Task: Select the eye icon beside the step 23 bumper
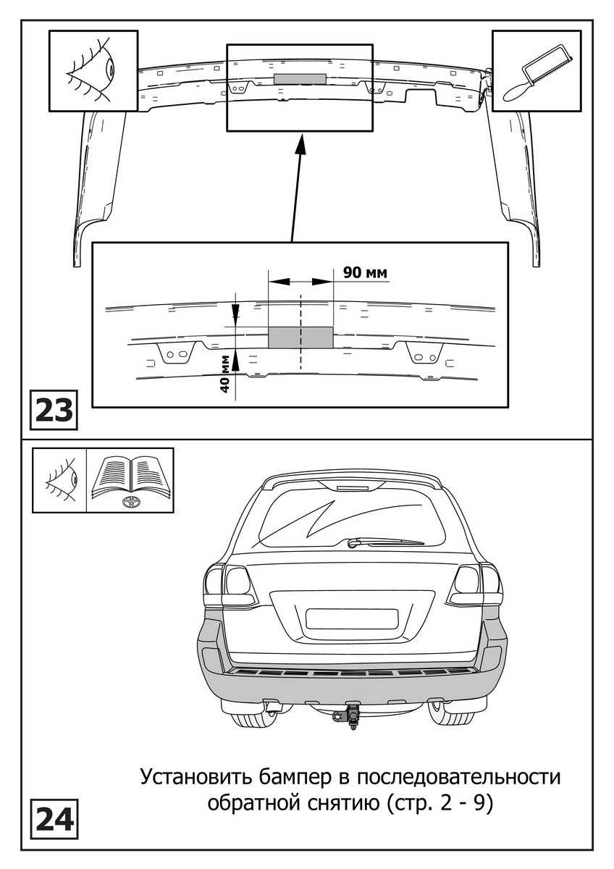tap(93, 70)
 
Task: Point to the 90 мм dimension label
tap(365, 272)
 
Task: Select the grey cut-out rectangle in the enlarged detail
tap(300, 337)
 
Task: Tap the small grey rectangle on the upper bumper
tap(300, 78)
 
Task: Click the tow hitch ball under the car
tap(353, 716)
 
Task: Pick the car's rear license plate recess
tap(352, 618)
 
